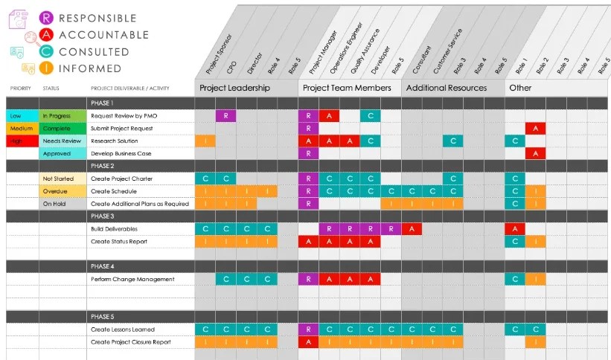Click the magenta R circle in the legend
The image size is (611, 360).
pos(47,17)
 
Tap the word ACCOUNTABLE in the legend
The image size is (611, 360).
pos(103,35)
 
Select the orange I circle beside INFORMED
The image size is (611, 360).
pos(47,68)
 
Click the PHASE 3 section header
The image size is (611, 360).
pos(102,216)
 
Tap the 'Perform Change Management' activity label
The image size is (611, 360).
pos(132,280)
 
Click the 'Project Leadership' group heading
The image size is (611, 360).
pos(234,88)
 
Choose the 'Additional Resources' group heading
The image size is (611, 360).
pos(446,88)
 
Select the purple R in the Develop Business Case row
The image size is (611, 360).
pos(308,153)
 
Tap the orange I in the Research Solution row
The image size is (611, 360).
pos(205,141)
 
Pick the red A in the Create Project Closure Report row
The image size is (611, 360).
pos(308,342)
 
